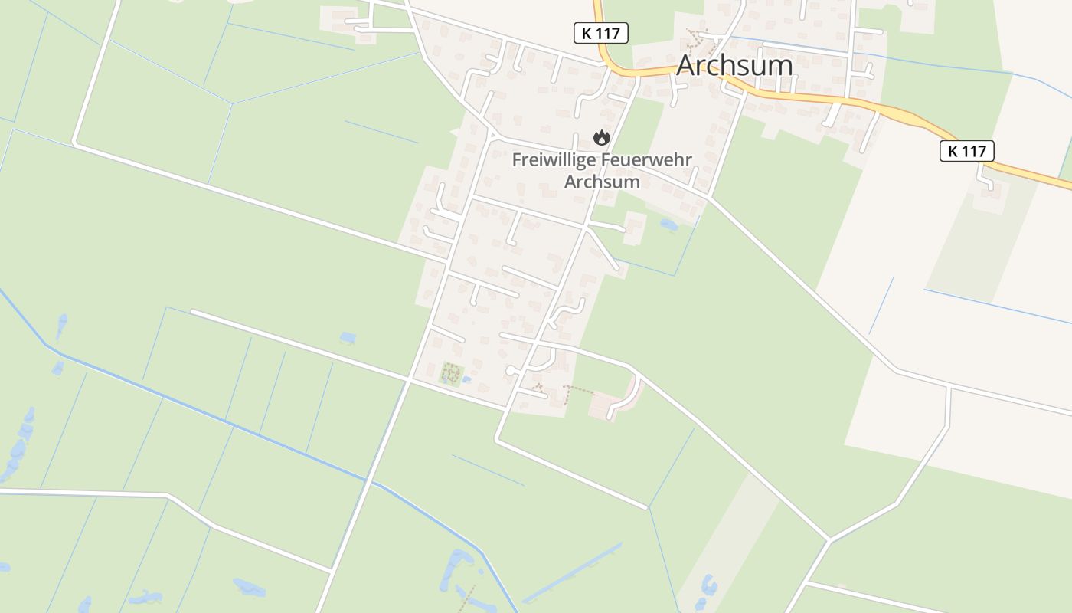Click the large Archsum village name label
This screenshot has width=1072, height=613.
(x=734, y=66)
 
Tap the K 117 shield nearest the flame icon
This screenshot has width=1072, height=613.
(x=600, y=33)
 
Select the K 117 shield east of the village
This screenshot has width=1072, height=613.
(x=966, y=151)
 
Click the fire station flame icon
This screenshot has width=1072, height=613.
(x=602, y=138)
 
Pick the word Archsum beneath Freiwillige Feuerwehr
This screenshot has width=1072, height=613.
(x=602, y=182)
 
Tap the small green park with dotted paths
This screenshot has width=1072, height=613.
(x=450, y=375)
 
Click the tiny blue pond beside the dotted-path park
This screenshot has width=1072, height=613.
(x=466, y=379)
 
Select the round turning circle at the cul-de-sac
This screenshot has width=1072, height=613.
(x=510, y=371)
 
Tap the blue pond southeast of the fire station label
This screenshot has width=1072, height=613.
(x=668, y=225)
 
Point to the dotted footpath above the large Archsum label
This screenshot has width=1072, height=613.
(x=701, y=37)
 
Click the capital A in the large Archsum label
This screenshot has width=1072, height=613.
(x=688, y=66)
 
